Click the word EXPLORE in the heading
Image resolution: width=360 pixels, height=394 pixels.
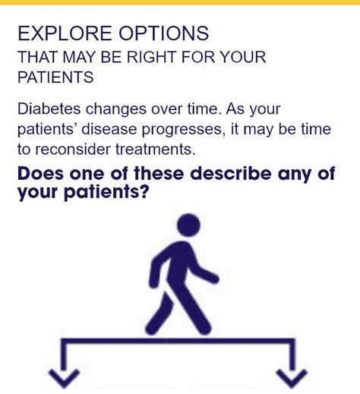[x=65, y=33]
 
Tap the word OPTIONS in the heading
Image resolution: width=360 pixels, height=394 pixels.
[x=164, y=33]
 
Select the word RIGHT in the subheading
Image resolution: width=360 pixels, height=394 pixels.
[x=152, y=57]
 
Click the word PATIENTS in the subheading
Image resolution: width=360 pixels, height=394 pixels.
[x=55, y=77]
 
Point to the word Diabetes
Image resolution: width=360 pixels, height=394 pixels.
[x=49, y=109]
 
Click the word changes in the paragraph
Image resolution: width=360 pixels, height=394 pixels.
[x=116, y=109]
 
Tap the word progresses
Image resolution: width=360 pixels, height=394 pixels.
[x=182, y=130]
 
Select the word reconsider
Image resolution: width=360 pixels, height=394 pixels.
[x=73, y=149]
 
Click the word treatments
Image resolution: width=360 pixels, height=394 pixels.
[x=156, y=149]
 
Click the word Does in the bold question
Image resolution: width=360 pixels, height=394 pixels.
[x=40, y=173]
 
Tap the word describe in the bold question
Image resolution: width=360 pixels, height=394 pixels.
[x=231, y=173]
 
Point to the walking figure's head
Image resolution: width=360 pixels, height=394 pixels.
[x=189, y=225]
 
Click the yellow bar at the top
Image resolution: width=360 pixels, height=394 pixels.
[x=180, y=2]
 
